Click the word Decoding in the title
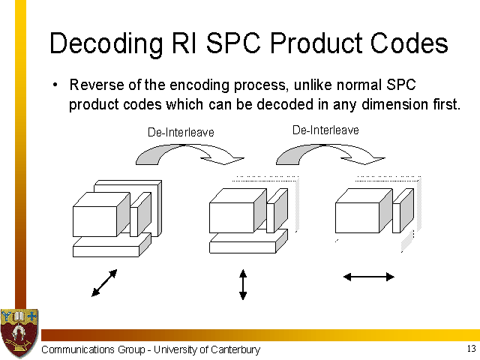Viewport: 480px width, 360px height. point(106,44)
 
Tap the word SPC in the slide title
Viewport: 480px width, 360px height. point(233,43)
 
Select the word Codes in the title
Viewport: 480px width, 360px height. point(409,43)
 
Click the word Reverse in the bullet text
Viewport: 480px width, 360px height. point(97,85)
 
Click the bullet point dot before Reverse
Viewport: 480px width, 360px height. point(55,85)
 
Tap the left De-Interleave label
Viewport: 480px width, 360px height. point(181,132)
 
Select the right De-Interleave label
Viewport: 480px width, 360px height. point(325,130)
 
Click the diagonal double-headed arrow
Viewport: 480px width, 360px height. point(104,283)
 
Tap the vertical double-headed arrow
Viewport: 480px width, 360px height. point(243,284)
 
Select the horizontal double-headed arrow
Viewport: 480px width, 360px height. point(369,277)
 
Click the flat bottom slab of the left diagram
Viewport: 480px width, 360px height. point(112,247)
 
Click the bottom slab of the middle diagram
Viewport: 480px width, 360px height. point(248,243)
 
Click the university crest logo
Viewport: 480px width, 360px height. point(19,333)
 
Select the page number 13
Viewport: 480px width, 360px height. point(472,348)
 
